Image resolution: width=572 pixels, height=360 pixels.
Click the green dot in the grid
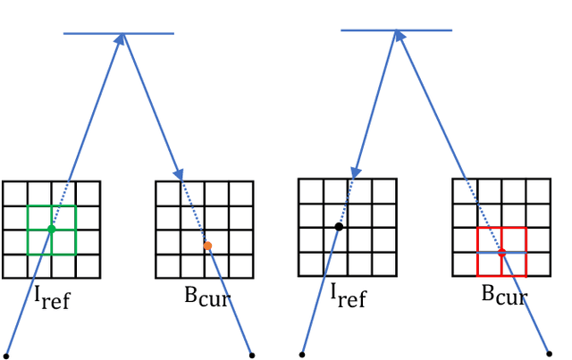(51, 229)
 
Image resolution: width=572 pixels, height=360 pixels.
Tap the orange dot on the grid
(207, 246)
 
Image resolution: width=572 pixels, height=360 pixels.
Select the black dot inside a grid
(339, 227)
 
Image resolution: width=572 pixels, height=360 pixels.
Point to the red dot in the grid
(501, 253)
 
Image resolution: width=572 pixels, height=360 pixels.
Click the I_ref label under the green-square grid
(52, 298)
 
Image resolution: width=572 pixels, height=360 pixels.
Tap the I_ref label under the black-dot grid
(349, 295)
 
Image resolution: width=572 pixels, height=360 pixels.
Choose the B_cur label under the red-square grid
(505, 295)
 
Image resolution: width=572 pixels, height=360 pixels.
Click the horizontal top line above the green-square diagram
(118, 34)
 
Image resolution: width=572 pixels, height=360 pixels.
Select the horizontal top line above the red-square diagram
(396, 30)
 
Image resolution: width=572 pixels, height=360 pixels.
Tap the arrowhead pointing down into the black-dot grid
(357, 170)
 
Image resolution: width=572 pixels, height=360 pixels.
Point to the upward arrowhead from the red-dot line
(399, 38)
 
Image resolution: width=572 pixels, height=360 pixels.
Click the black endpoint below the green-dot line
(6, 355)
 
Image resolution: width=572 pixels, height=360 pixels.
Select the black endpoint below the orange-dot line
(251, 354)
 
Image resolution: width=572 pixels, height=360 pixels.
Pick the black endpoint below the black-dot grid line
(302, 355)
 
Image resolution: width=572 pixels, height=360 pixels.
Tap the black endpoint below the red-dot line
(549, 353)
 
